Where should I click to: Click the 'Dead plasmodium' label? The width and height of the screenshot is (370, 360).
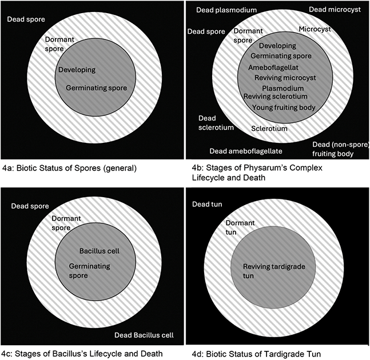click(226, 10)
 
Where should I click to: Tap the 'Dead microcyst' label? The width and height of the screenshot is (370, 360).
click(335, 10)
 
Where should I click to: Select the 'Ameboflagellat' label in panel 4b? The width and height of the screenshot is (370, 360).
click(273, 67)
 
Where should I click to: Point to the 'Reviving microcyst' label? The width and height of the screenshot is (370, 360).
click(285, 78)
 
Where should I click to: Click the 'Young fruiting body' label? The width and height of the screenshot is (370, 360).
click(284, 107)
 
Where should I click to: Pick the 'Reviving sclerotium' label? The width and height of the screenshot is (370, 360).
click(276, 97)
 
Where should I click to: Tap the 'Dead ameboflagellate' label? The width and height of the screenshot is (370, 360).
click(246, 151)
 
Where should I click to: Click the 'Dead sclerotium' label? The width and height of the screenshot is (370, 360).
click(216, 123)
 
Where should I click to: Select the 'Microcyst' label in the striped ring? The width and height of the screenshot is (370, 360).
click(315, 29)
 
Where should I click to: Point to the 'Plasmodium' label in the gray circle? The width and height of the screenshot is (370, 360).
click(283, 89)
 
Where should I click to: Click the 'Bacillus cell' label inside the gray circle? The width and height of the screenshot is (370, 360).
click(100, 251)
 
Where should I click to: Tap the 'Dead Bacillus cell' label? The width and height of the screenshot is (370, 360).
click(144, 335)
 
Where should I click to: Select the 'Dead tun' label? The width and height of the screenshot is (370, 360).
click(207, 204)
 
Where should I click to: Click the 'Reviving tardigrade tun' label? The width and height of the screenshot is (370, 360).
click(274, 271)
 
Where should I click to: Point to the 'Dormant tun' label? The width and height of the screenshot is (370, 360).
click(240, 227)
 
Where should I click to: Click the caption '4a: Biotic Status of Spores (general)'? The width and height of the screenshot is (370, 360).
click(69, 169)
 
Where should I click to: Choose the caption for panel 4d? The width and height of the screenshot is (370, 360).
click(256, 354)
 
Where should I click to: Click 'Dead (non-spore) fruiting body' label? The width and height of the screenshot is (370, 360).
click(340, 149)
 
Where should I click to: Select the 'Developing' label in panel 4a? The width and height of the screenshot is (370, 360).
click(77, 70)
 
